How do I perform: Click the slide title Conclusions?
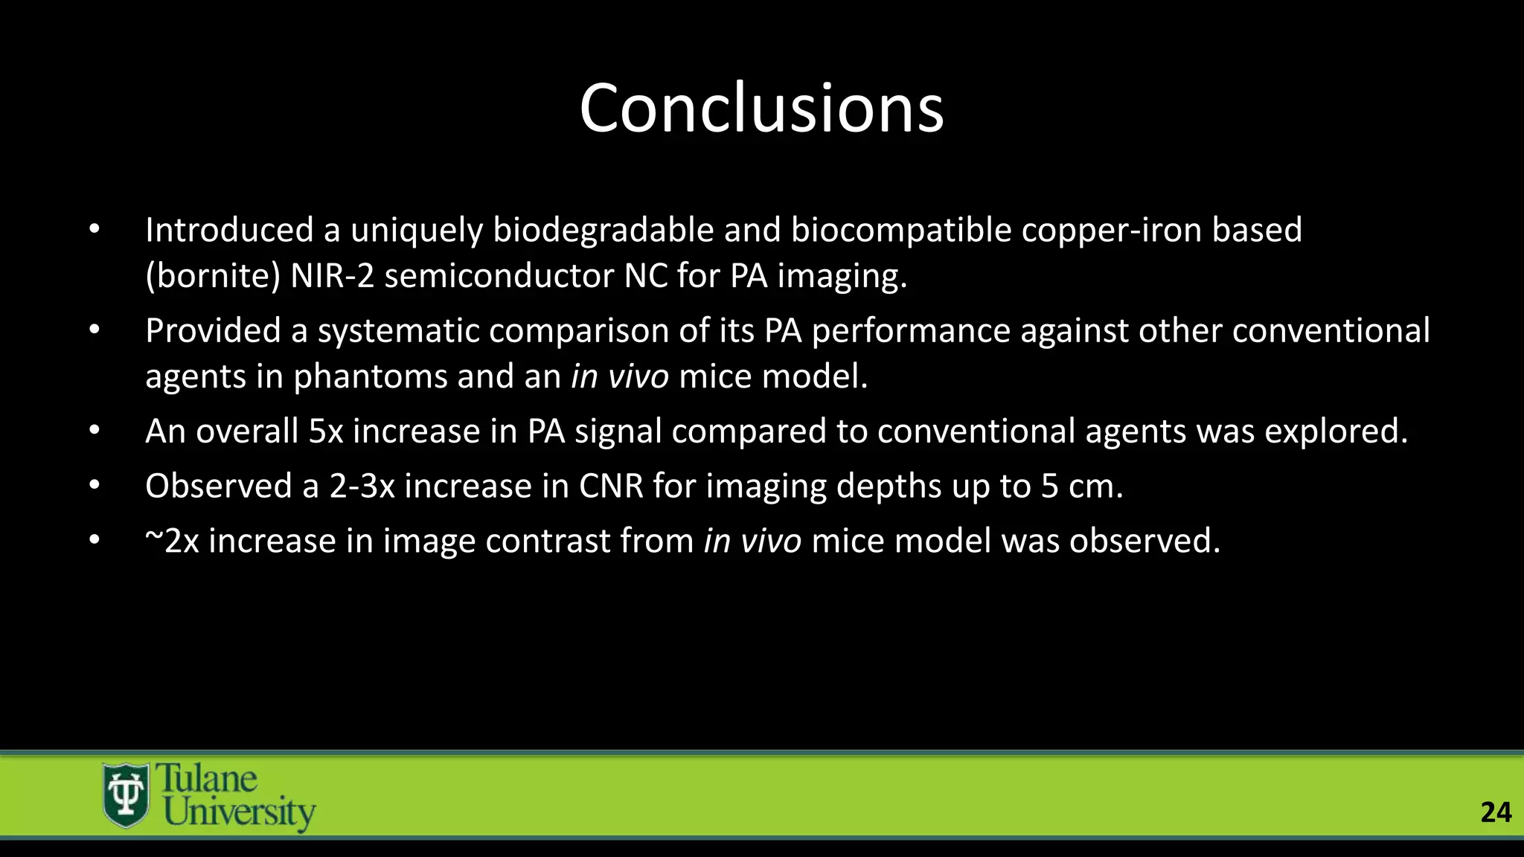[x=761, y=109]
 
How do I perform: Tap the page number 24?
[x=1496, y=812]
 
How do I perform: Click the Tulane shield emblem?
[x=125, y=795]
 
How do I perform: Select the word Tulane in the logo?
[x=206, y=779]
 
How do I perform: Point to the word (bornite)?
[x=213, y=276]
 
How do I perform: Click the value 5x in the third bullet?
[x=325, y=431]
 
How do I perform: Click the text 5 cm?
[x=1081, y=487]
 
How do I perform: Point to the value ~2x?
[x=172, y=541]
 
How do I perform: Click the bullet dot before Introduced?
[x=94, y=230]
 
